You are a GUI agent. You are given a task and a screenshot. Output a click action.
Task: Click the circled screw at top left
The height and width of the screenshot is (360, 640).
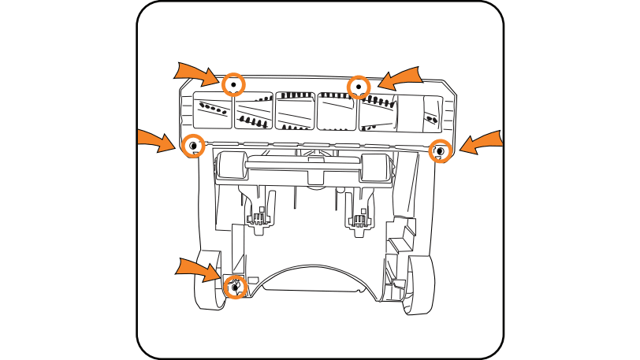(234, 84)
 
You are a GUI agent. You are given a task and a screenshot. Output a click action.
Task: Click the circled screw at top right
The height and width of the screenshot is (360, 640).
(359, 86)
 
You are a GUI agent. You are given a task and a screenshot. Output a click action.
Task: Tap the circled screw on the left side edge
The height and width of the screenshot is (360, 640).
(192, 146)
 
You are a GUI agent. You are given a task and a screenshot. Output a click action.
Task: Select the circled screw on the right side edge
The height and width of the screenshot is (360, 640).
(439, 150)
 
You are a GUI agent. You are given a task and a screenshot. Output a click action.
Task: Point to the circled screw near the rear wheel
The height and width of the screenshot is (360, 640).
(233, 288)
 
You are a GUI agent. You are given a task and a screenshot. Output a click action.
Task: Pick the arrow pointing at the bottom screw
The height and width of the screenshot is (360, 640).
(198, 268)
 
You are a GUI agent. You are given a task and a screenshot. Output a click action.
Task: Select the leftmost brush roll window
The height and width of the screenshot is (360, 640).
(213, 109)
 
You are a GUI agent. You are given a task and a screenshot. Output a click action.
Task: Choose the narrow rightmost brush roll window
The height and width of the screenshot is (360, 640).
(431, 115)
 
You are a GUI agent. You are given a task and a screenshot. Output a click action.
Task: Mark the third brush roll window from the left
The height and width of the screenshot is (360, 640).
(296, 110)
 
